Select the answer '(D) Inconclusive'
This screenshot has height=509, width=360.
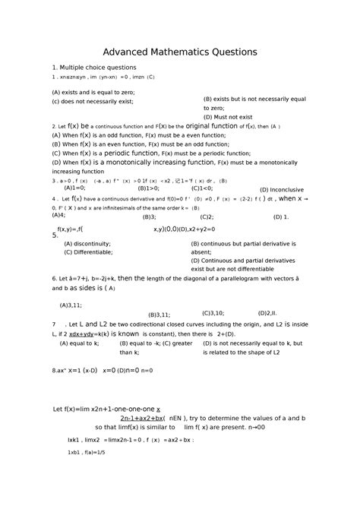click(282, 189)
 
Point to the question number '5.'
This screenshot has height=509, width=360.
click(55, 236)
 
